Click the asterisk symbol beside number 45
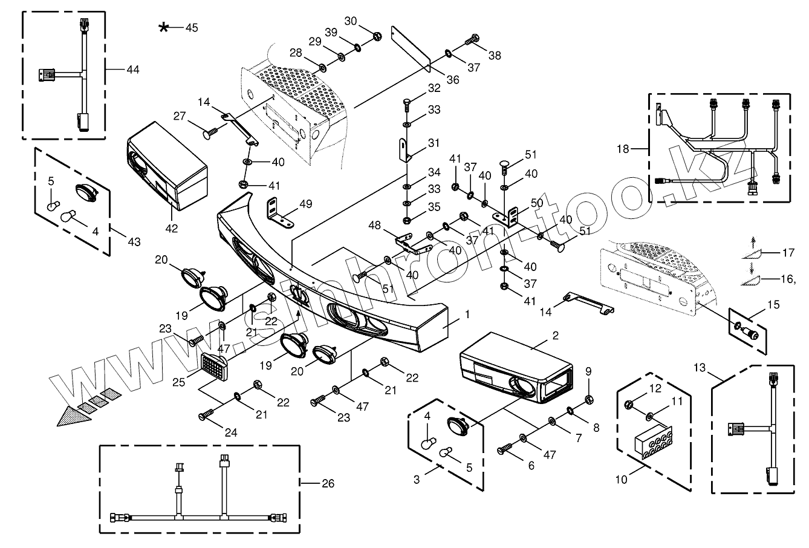point(164,27)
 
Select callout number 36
point(453,80)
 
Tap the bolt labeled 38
point(472,40)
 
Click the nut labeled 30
point(377,36)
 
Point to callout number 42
point(172,228)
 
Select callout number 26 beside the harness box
point(328,483)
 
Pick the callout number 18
point(623,149)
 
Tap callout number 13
point(700,367)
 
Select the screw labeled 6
point(505,448)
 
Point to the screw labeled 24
point(207,414)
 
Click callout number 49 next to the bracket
point(305,204)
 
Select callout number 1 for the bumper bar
point(467,315)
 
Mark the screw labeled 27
point(210,133)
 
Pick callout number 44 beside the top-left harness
point(133,70)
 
